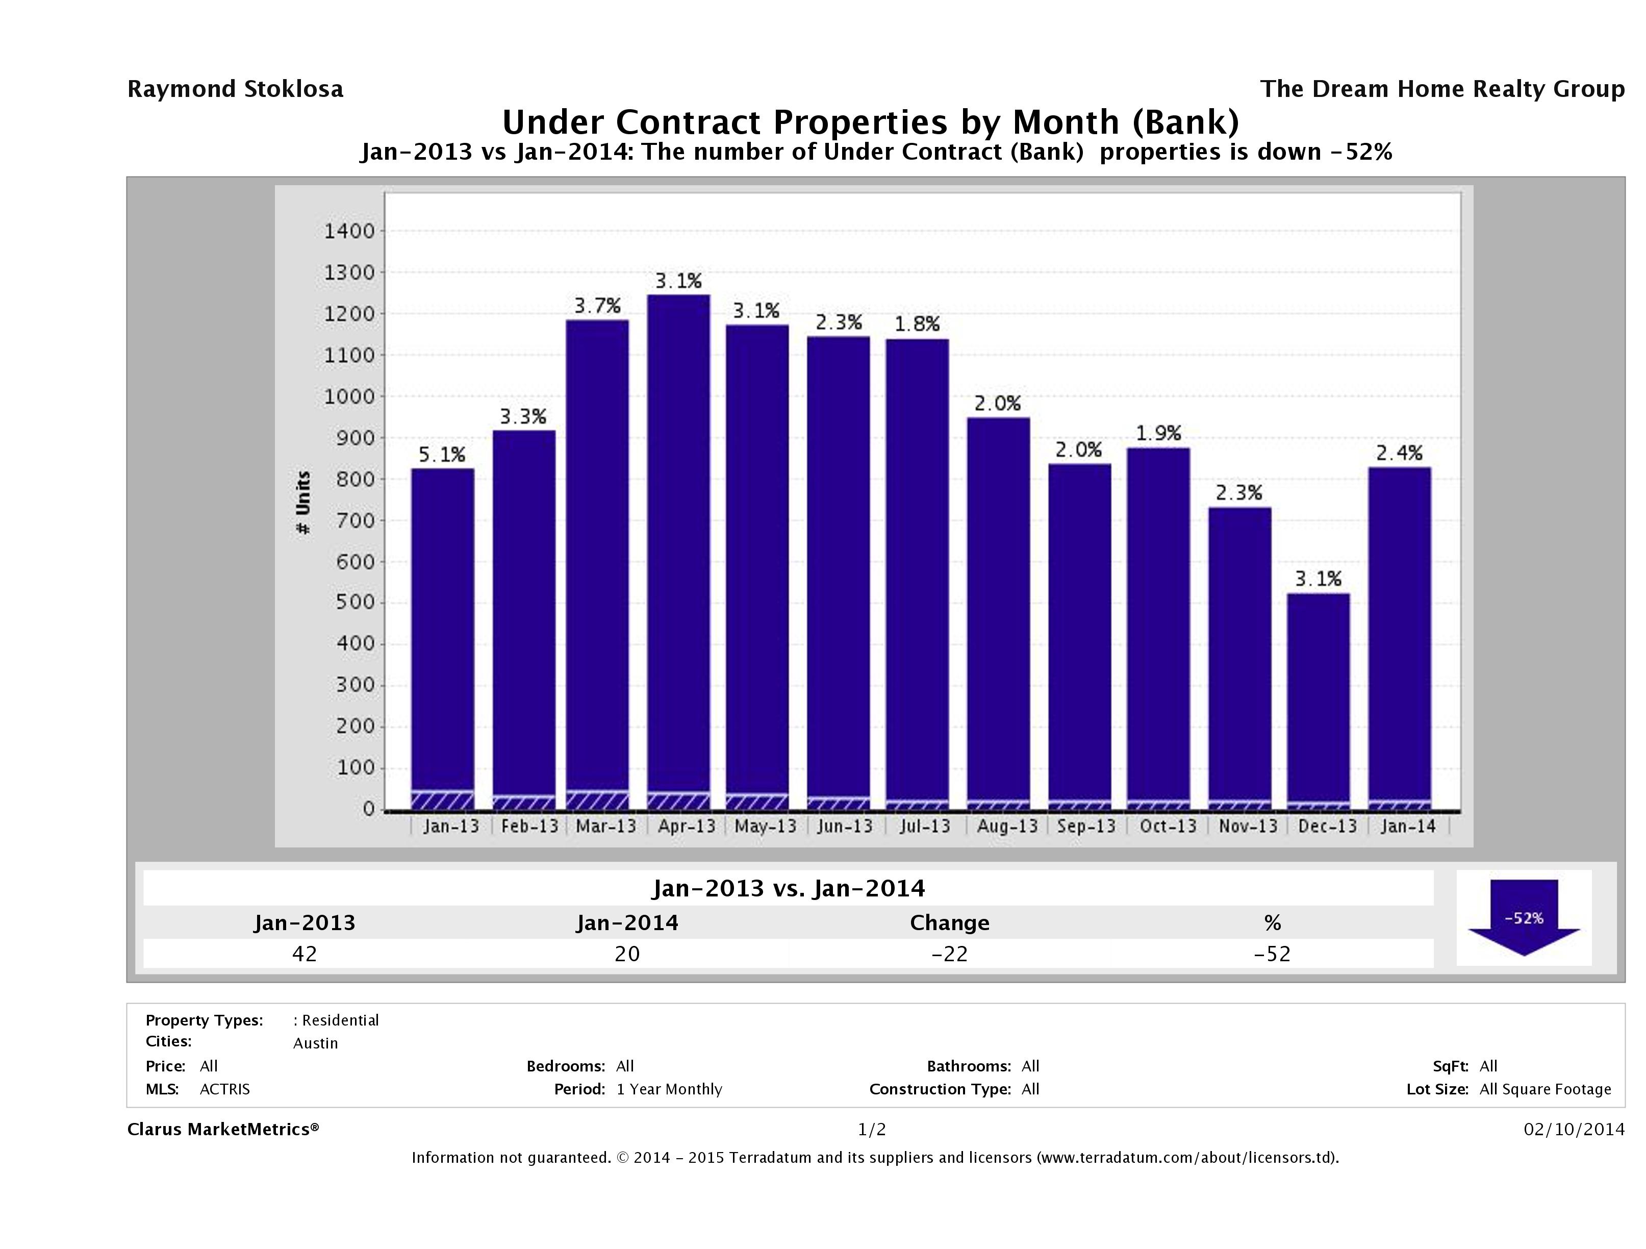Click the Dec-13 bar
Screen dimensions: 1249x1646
pos(1318,700)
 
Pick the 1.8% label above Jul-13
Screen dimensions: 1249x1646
pos(917,324)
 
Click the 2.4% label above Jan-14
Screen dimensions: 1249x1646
pos(1399,453)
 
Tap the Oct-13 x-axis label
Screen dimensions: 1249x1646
pos(1168,826)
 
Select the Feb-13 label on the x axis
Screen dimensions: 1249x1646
pos(529,826)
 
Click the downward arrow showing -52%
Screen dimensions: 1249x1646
pos(1523,916)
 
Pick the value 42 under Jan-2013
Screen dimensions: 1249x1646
pos(305,954)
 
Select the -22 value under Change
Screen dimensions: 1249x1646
pos(950,954)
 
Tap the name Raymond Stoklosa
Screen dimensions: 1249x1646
pos(235,89)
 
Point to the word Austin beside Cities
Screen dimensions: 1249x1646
pos(316,1043)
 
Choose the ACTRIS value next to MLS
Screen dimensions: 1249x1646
pos(225,1089)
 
